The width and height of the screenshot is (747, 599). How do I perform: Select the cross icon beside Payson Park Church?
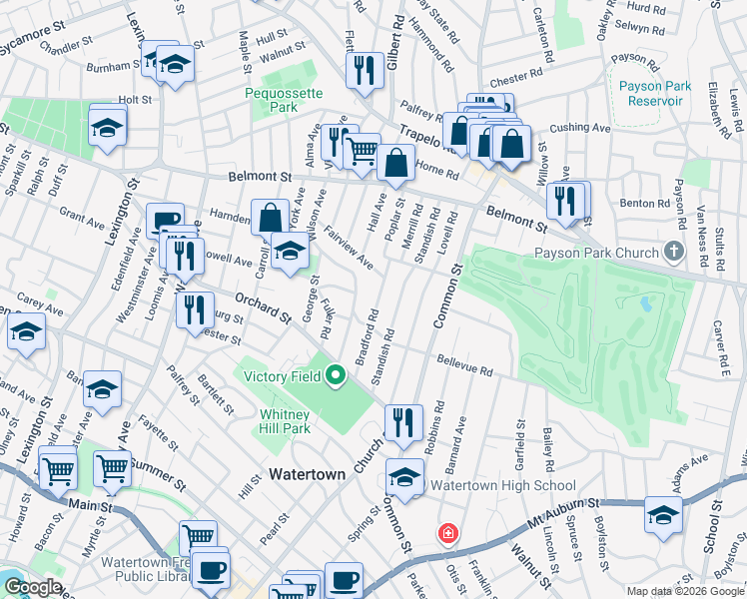[x=676, y=251]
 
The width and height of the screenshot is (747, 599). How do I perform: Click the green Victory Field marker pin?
[x=337, y=376]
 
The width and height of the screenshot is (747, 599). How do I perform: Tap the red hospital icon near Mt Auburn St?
[x=448, y=532]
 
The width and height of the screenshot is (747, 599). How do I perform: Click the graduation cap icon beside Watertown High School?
[x=404, y=476]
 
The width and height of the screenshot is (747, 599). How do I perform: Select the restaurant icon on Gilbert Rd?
[x=365, y=69]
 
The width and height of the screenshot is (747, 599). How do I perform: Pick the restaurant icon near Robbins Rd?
[x=403, y=420]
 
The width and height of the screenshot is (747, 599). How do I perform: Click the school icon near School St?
[x=661, y=513]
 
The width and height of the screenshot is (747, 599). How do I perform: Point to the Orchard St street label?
[x=263, y=308]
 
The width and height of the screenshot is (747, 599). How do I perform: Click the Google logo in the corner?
[x=32, y=587]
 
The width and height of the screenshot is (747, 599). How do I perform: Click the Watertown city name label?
[x=306, y=475]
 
